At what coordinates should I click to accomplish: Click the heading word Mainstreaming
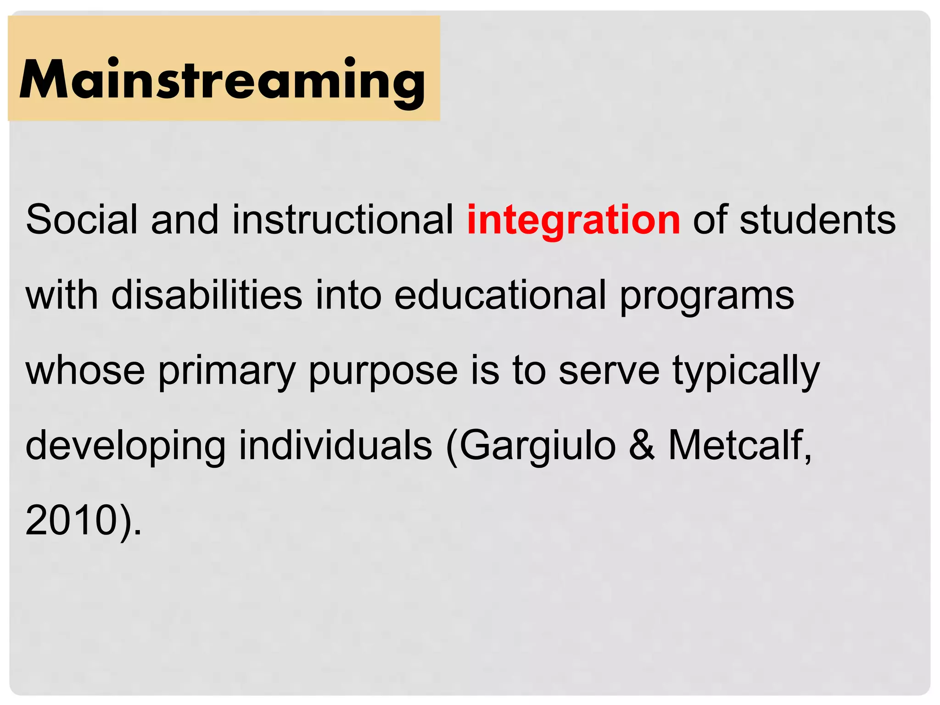point(223,79)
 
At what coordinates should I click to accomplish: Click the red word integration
point(573,220)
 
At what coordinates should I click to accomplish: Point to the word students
point(817,220)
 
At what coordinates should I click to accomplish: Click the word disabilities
point(207,295)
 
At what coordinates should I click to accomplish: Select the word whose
point(85,370)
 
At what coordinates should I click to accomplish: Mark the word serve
point(609,371)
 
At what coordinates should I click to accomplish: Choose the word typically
point(746,371)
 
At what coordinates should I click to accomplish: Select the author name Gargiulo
point(537,445)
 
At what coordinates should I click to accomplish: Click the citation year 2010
point(71,520)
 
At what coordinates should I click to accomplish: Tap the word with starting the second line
point(62,295)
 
